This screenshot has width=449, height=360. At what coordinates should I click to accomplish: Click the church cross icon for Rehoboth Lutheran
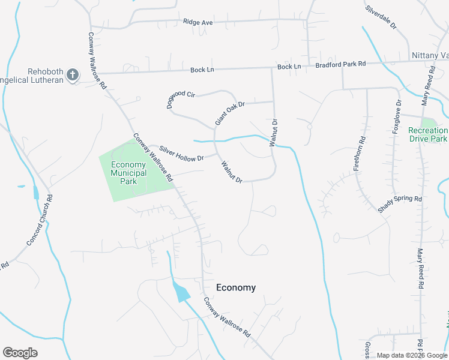point(73,75)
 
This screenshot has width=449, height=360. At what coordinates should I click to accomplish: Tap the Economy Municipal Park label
point(128,173)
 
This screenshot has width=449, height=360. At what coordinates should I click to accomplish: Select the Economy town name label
point(236,287)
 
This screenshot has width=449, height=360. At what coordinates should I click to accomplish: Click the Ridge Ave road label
point(198,23)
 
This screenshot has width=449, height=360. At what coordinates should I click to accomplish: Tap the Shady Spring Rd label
point(400,203)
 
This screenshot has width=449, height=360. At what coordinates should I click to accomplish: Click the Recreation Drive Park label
point(428,134)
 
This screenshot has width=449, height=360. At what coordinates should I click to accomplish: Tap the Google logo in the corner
point(20,353)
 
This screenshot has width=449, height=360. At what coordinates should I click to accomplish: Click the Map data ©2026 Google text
point(411,355)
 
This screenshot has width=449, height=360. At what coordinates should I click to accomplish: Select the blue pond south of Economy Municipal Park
point(181,292)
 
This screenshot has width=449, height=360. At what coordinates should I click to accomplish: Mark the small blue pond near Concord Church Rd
point(36,193)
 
